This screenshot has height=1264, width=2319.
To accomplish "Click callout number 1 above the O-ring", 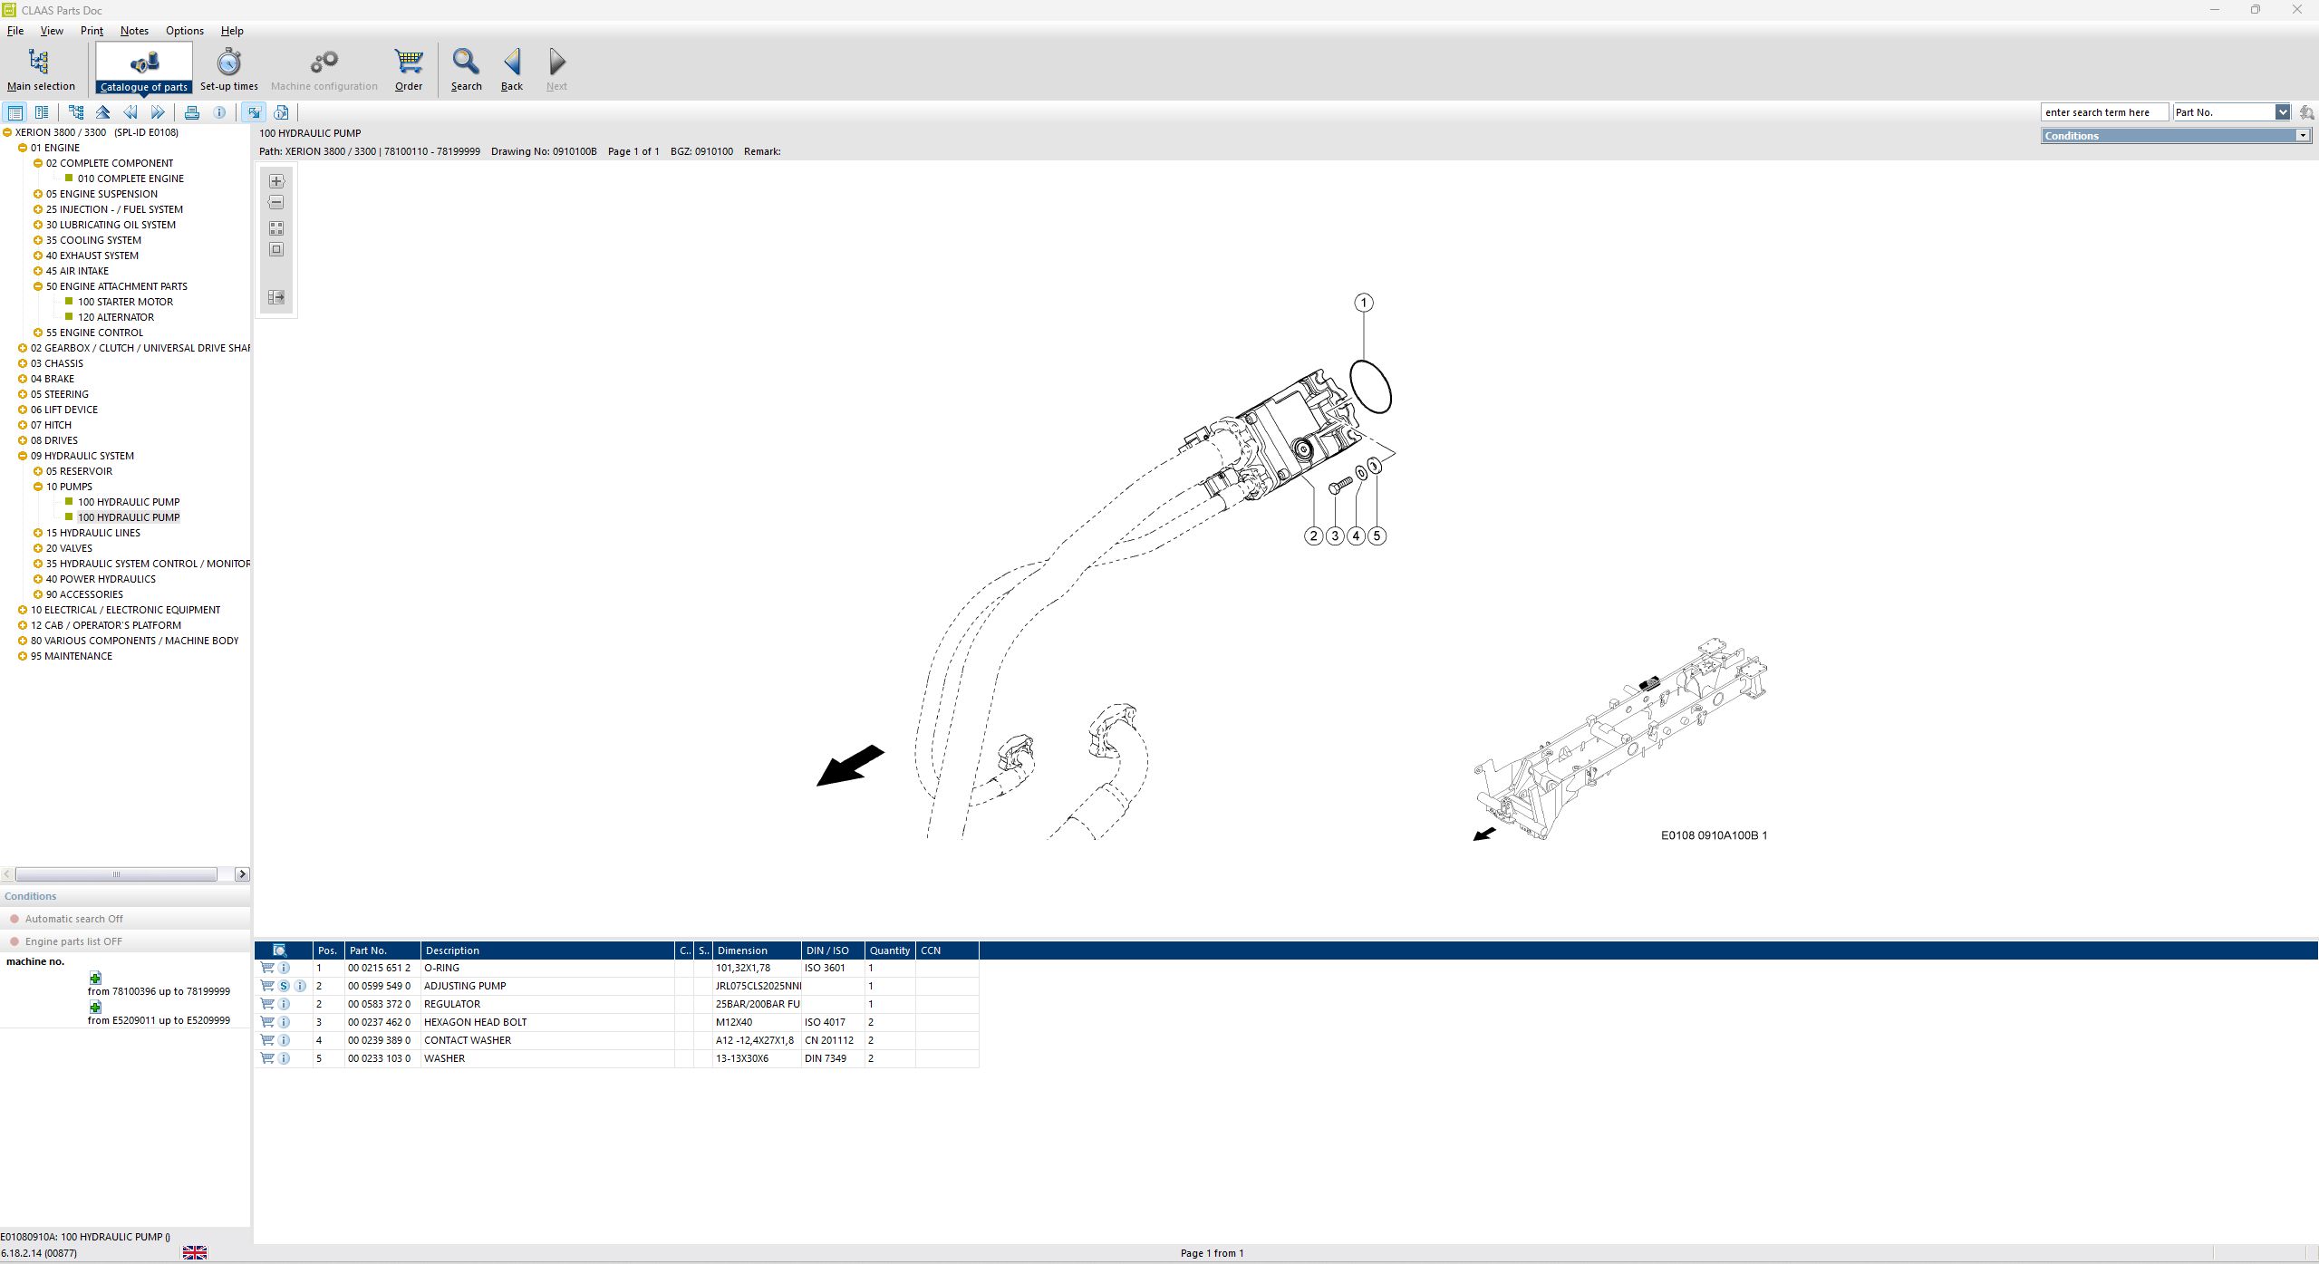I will (x=1363, y=303).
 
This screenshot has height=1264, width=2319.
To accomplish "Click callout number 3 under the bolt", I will (x=1335, y=536).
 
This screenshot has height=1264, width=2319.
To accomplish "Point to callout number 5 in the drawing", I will (x=1377, y=536).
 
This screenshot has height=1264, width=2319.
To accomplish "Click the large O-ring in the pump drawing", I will (x=1370, y=387).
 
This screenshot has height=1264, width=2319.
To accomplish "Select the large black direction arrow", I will (x=850, y=766).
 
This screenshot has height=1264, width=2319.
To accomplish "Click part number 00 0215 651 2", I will (x=379, y=968).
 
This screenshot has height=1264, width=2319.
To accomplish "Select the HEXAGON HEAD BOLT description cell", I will (x=475, y=1022).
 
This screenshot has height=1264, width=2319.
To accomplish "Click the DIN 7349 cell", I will (x=826, y=1058).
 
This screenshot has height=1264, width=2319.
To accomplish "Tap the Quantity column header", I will (x=889, y=950).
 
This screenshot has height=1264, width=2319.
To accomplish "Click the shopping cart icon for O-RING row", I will (x=267, y=968).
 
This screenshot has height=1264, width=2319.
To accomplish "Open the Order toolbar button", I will (x=409, y=70).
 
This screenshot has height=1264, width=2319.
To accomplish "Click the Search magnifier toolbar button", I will (x=466, y=70).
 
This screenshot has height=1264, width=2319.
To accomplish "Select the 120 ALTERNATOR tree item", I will (x=116, y=317).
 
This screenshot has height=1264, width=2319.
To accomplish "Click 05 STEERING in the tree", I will (x=59, y=394).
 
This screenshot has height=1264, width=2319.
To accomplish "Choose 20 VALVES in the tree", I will (x=69, y=548).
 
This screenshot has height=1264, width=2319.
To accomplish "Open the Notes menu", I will (x=134, y=31).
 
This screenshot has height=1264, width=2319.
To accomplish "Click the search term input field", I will (x=2103, y=112).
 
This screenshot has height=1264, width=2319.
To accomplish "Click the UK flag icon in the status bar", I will (x=195, y=1252).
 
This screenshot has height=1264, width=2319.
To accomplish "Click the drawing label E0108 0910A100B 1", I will (x=1714, y=835).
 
